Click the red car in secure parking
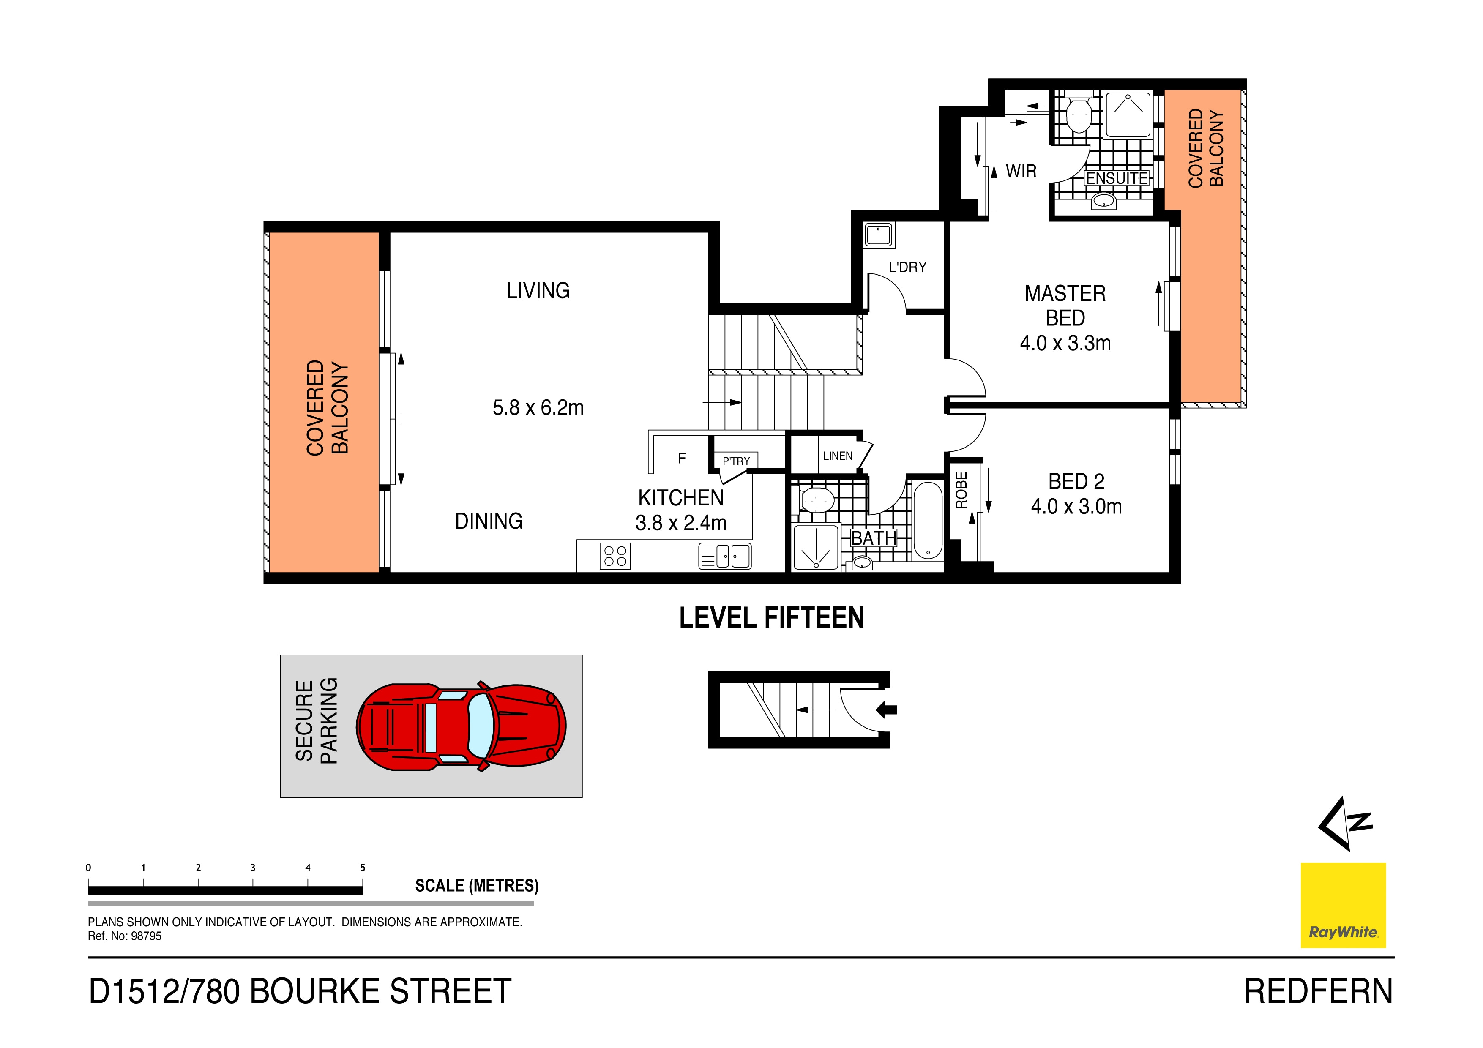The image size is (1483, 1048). coord(461,726)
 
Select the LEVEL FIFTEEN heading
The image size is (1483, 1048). coord(771,618)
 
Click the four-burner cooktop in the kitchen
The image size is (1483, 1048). coord(615,556)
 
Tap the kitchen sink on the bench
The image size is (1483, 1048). coord(725,556)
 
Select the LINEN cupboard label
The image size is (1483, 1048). coord(837,456)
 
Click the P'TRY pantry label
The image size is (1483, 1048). coord(736,461)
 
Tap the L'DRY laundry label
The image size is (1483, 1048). coord(907,267)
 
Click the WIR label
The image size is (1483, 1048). coord(1021,172)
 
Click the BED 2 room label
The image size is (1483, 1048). coord(1076,482)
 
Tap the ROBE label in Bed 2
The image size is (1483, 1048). coord(961,490)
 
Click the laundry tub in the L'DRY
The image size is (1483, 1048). coord(879,235)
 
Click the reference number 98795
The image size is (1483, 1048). coord(146,936)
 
